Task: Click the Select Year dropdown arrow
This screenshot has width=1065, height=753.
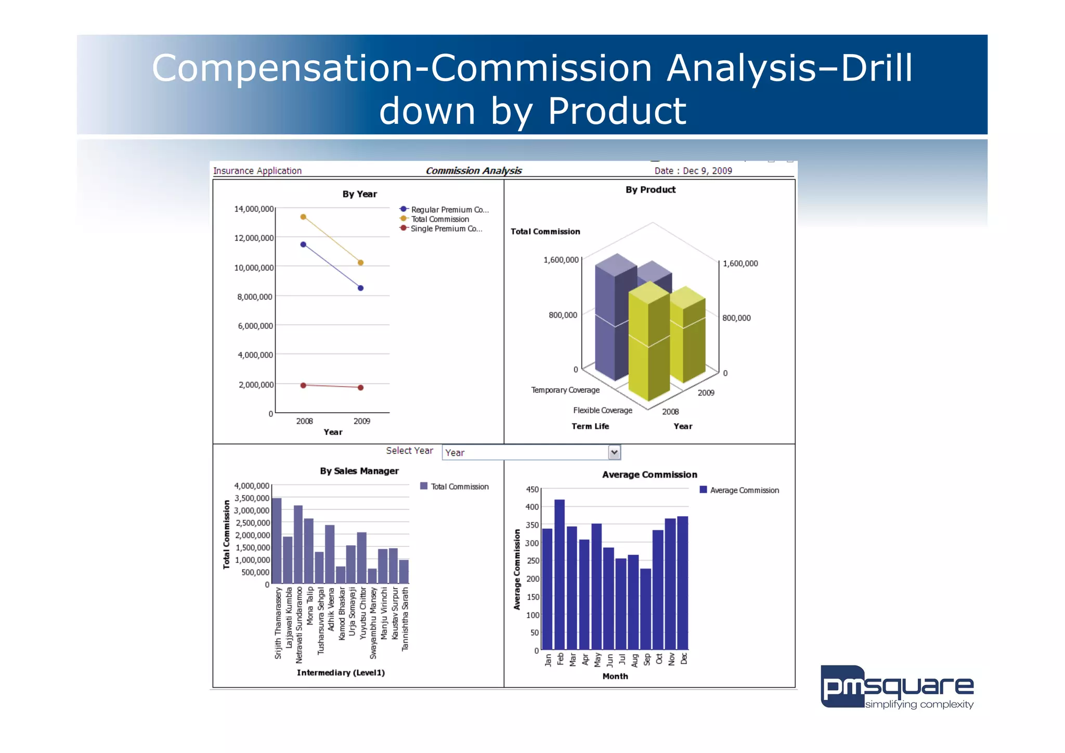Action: [x=614, y=452]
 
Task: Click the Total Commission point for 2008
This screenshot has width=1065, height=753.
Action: [x=303, y=217]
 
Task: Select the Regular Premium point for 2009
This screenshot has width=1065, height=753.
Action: [x=360, y=288]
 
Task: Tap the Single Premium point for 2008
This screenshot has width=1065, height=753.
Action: [x=303, y=385]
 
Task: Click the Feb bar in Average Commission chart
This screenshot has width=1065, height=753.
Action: [x=560, y=572]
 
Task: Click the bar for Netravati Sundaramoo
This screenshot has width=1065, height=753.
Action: [x=298, y=544]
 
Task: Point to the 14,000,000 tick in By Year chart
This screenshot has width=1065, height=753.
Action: [x=254, y=209]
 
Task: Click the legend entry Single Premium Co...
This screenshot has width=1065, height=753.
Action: [x=446, y=228]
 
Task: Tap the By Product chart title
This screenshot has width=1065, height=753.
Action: [x=650, y=190]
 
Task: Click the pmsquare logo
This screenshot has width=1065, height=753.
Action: [x=897, y=687]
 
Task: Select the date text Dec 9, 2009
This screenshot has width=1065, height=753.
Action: [x=707, y=171]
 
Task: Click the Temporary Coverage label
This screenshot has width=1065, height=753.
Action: [x=565, y=390]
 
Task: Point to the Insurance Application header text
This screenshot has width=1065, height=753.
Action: [x=257, y=171]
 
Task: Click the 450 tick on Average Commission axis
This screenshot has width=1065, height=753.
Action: [x=532, y=489]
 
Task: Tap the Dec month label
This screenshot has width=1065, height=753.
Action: [x=684, y=658]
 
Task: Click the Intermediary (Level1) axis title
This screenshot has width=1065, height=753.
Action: [x=341, y=672]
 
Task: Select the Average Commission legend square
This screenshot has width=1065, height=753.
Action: [x=703, y=490]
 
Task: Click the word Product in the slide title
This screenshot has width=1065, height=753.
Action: [x=617, y=111]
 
